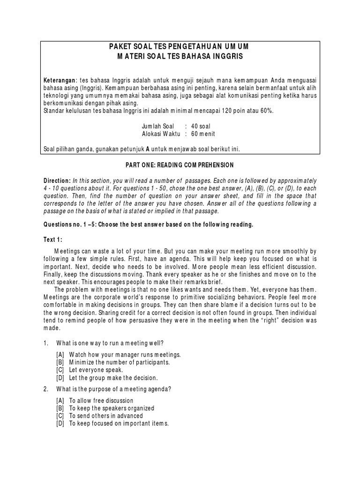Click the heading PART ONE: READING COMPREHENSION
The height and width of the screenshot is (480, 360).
[180, 165]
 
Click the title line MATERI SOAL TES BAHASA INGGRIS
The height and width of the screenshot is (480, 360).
[180, 56]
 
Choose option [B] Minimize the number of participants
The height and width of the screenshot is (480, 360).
[112, 362]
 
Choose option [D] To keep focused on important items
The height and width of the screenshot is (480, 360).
[112, 424]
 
